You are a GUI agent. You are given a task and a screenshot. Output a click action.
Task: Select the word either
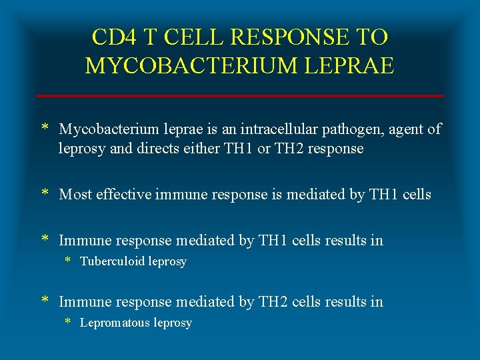pyautogui.click(x=185, y=148)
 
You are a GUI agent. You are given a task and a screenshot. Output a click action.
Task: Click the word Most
pyautogui.click(x=75, y=195)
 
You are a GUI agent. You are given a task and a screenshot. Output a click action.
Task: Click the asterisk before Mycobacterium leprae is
pyautogui.click(x=45, y=128)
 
